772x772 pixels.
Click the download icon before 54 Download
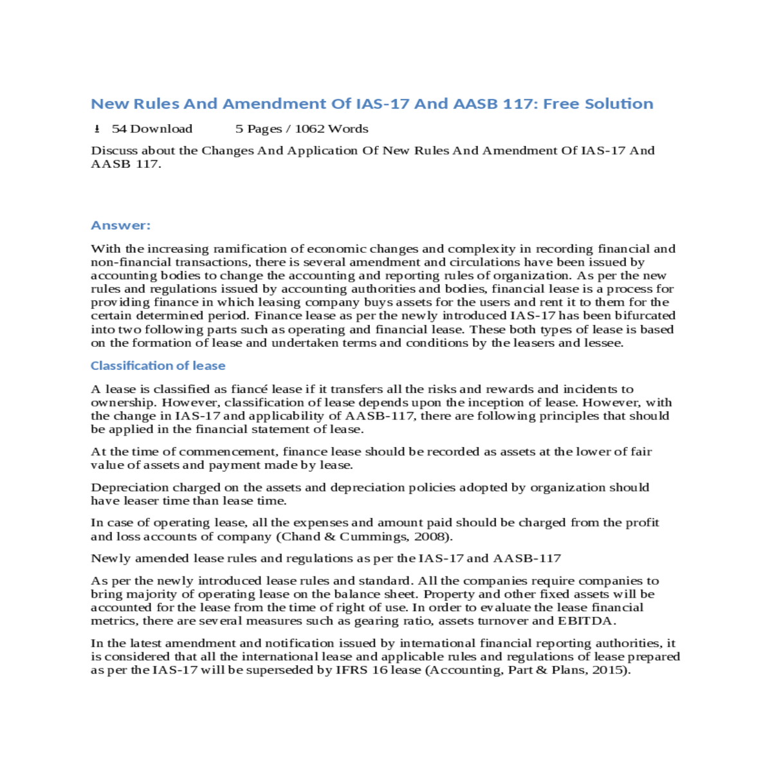point(97,129)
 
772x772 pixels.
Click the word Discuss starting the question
point(114,151)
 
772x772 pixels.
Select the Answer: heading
point(120,225)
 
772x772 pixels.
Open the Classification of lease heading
point(158,365)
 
